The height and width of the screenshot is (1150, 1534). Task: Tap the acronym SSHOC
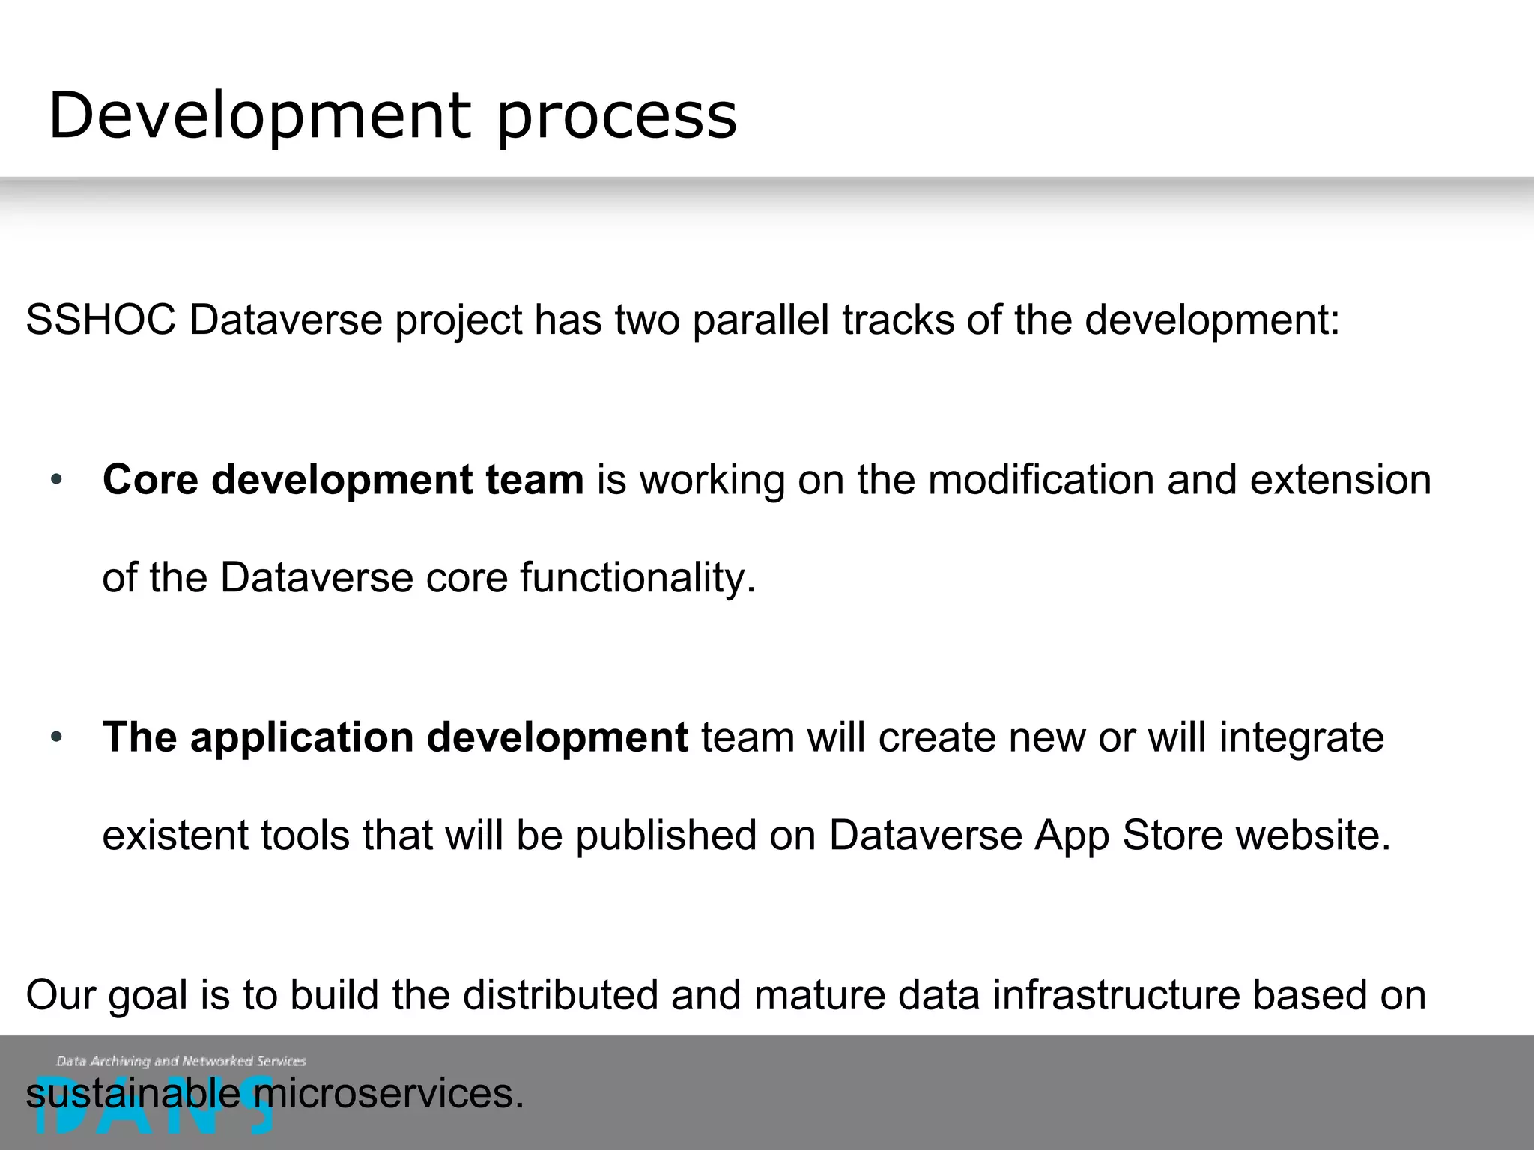coord(100,320)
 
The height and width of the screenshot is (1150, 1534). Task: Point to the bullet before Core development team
coord(56,481)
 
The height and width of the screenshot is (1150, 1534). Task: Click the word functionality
coord(637,578)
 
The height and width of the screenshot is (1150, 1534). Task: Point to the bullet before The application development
coord(56,738)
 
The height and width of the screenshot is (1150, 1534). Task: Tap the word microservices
coord(389,1094)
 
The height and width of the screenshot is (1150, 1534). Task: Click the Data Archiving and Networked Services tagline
coord(181,1061)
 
